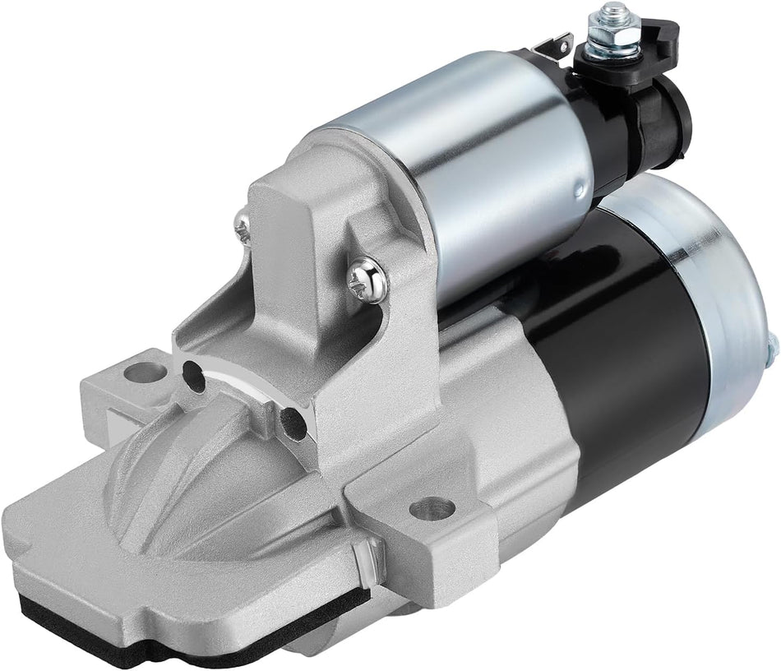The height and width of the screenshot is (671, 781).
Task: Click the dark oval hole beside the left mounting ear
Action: coord(194,375)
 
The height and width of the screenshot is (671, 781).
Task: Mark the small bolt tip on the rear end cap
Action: coord(773,348)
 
